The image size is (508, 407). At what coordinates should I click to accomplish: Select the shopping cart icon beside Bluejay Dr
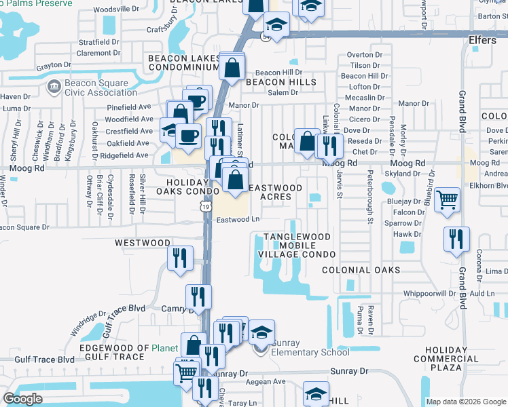click(x=447, y=199)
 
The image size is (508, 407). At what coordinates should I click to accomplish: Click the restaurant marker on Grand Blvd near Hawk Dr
click(x=456, y=239)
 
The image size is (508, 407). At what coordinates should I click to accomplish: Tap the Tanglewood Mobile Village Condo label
click(x=297, y=246)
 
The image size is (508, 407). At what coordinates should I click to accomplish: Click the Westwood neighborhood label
click(x=143, y=242)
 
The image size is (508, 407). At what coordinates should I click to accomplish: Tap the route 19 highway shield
click(x=206, y=212)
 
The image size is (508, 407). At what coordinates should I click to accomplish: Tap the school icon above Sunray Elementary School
click(x=261, y=332)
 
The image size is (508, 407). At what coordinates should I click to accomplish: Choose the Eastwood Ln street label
click(x=238, y=219)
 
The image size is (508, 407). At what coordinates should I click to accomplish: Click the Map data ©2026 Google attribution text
click(x=466, y=401)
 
